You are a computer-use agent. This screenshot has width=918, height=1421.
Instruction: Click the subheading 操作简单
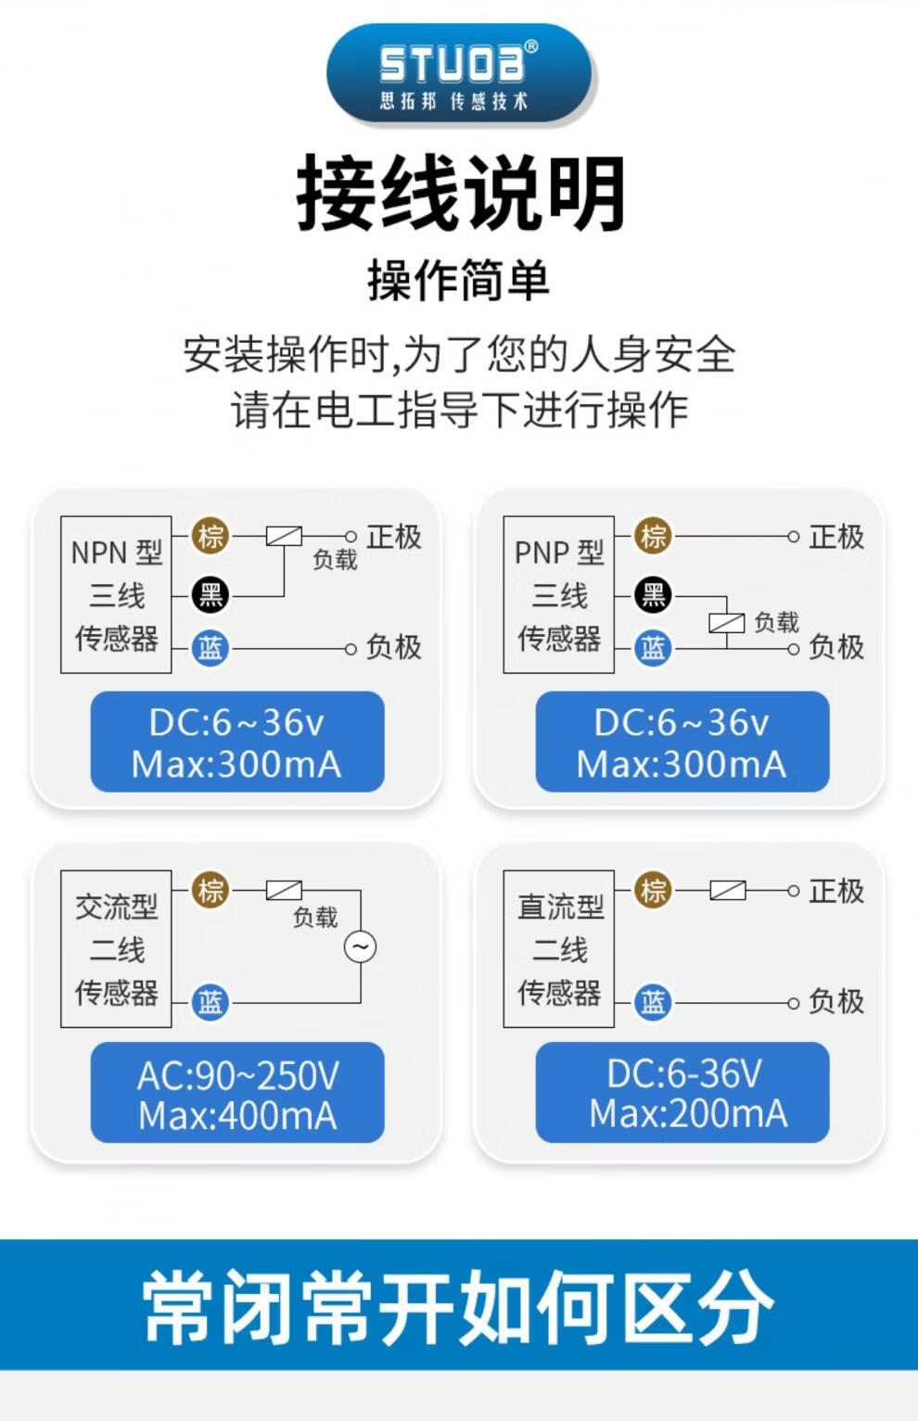point(459,280)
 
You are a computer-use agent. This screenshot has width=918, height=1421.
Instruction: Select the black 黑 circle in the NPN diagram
point(210,594)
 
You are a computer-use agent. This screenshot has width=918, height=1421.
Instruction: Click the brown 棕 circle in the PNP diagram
point(654,536)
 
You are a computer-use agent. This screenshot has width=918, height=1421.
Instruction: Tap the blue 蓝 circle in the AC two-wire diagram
point(210,1002)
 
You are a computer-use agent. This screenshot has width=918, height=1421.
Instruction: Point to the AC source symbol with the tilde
point(361,946)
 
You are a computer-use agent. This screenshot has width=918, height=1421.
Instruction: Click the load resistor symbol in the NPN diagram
point(284,536)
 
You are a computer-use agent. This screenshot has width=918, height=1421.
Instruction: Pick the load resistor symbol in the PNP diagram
point(727,623)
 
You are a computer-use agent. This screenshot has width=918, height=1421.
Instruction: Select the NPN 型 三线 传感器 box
point(117,595)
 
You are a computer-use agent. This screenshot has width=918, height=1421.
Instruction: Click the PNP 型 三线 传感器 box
point(559,595)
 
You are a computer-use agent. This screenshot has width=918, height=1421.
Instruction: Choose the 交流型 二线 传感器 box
point(117,949)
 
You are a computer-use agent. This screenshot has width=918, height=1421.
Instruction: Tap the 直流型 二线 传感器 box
point(559,949)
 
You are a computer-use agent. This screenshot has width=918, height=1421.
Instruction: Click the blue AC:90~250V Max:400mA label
point(237,1094)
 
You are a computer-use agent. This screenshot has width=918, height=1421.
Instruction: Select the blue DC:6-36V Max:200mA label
point(682,1094)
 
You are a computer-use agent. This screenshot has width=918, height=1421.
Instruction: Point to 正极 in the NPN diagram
point(394,537)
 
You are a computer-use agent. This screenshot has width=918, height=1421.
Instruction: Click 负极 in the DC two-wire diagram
point(836,1001)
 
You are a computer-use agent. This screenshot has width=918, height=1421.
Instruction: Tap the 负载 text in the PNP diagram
point(776,622)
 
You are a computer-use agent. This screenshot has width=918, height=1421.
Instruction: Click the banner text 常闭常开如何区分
point(458,1306)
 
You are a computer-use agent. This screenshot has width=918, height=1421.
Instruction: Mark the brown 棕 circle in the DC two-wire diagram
point(654,891)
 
